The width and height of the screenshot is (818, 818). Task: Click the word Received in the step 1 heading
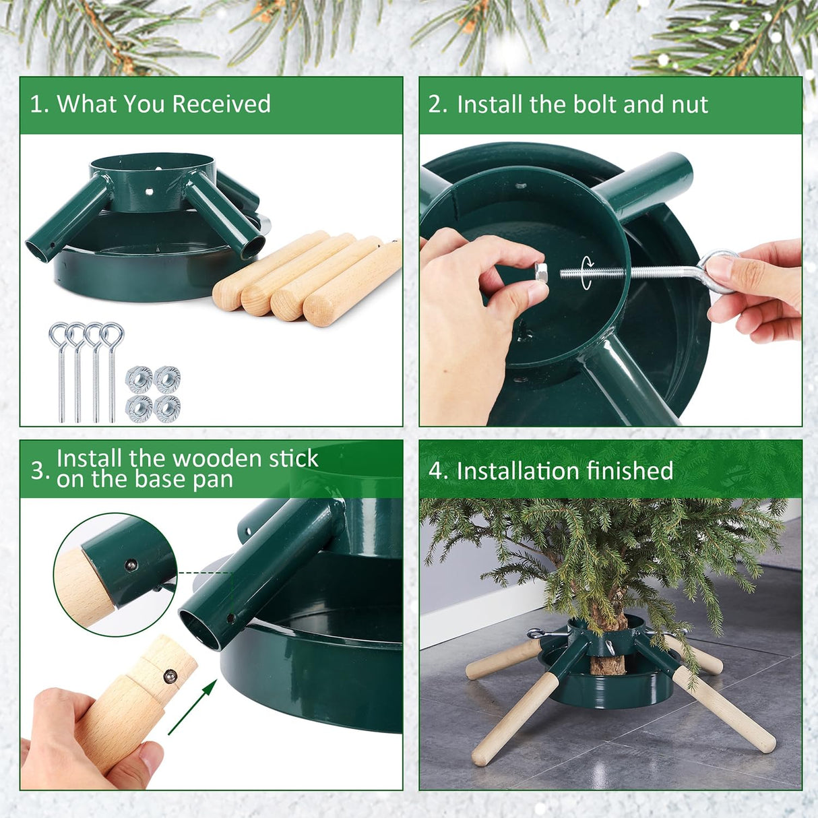[x=221, y=104]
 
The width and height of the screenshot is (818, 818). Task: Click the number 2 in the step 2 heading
[x=436, y=104]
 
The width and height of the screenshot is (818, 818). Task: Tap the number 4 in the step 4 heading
[x=436, y=470]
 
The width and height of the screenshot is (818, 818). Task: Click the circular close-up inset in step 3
[x=115, y=575]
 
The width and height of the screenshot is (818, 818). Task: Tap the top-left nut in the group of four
[x=139, y=379]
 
